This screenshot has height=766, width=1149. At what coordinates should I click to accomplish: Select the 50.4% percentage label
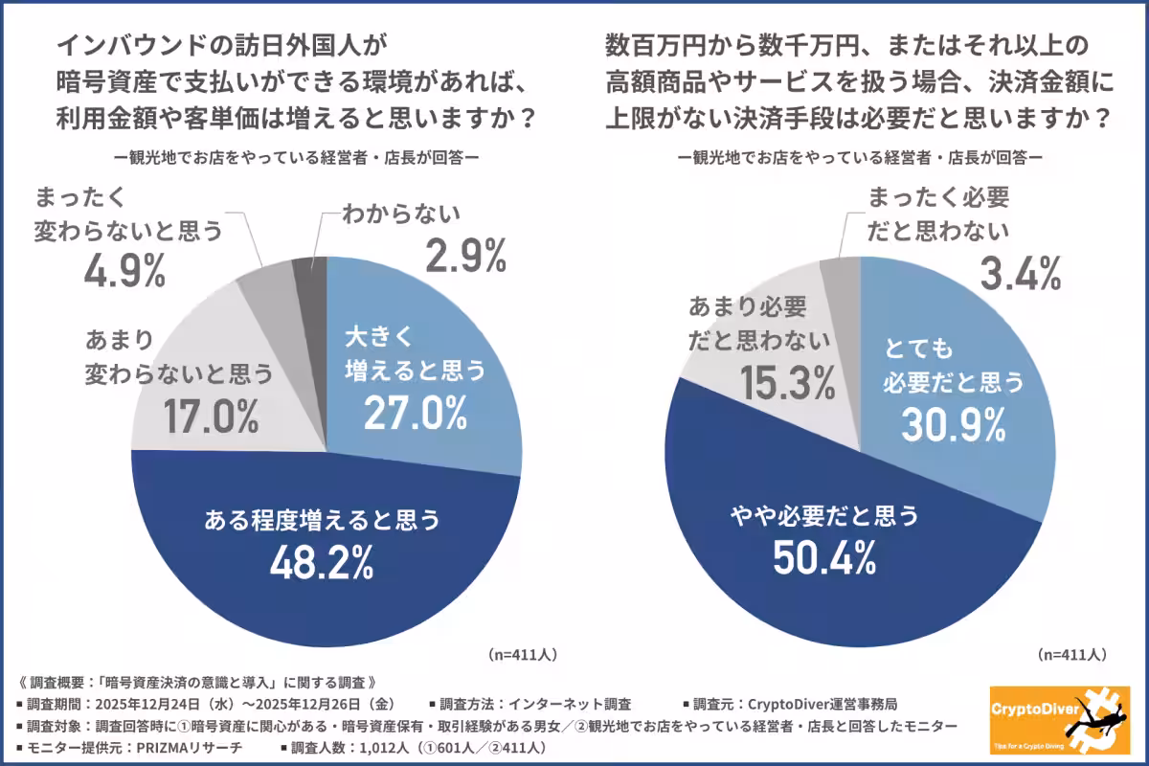coord(825,559)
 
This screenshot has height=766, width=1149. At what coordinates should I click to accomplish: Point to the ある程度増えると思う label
coord(322,521)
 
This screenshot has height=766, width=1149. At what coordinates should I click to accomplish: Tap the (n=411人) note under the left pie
coord(522,655)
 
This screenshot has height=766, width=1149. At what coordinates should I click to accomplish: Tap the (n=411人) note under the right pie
coord(1072,655)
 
